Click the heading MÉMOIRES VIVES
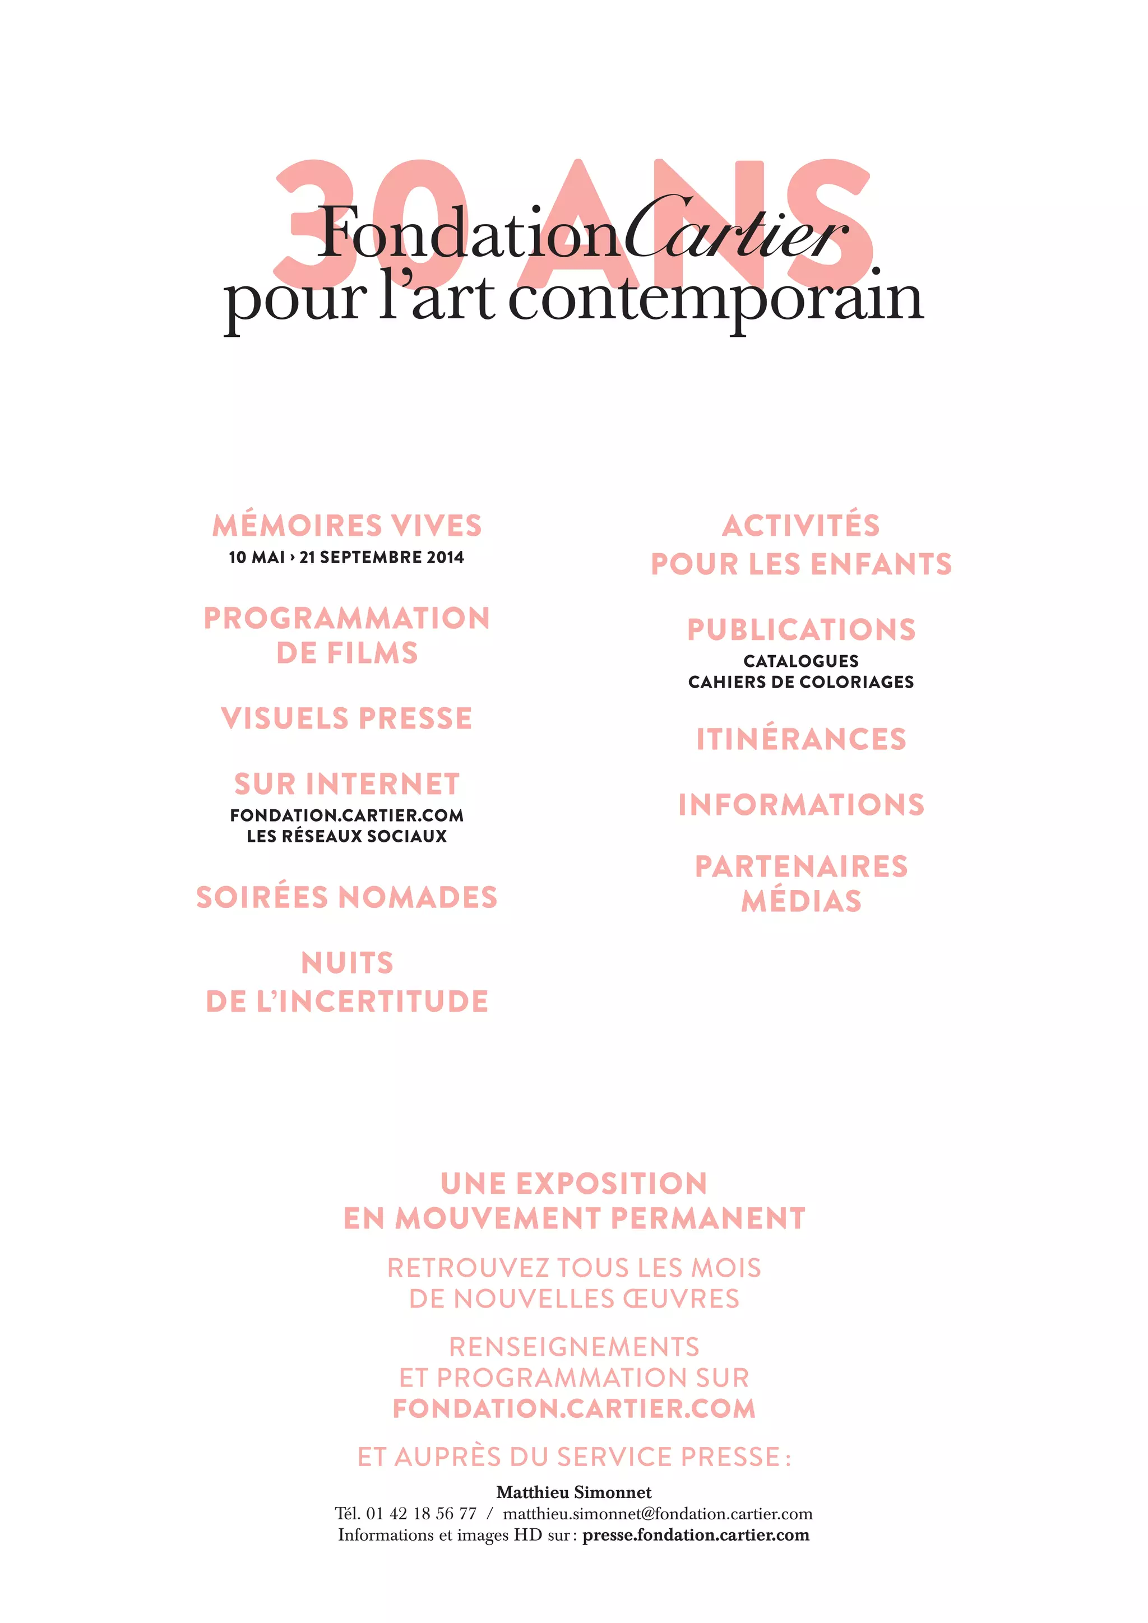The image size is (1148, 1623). point(347,526)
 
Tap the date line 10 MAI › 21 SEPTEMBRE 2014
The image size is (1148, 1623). point(346,557)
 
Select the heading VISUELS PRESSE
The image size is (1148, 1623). point(346,718)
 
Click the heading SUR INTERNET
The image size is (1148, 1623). point(347,784)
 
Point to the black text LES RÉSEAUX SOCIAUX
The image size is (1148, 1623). point(347,836)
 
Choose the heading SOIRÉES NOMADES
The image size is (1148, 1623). point(347,897)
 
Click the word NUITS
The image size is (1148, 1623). point(347,963)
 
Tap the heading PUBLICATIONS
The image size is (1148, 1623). point(801,630)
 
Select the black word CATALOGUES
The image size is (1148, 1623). point(801,661)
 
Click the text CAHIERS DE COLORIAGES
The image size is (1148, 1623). point(801,682)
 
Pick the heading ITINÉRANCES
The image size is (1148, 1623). point(801,739)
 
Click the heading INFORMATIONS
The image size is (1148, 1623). point(801,804)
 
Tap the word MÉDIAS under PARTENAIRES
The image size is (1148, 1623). point(801,901)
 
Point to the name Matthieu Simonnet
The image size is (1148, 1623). point(574,1492)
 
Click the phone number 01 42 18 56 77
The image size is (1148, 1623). point(422,1513)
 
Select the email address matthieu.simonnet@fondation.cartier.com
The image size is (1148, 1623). point(658,1513)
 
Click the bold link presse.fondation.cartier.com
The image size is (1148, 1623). point(696,1534)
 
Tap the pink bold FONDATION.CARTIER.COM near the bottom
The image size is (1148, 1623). point(574,1408)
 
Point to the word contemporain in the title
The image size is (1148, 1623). point(715,298)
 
